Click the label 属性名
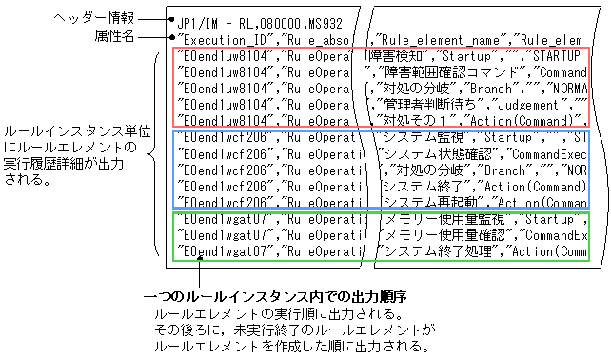116,36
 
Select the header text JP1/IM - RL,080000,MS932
251,19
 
